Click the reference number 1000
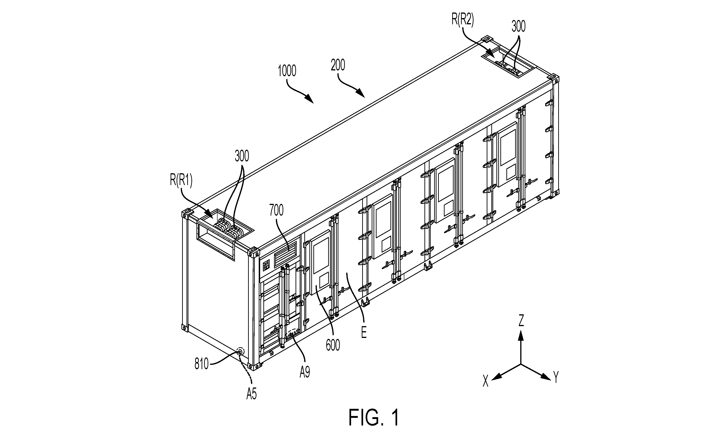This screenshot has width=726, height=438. (x=287, y=71)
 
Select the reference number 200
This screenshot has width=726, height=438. (x=338, y=65)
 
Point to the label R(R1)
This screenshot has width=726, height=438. (x=181, y=180)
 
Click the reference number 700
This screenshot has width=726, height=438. (x=276, y=210)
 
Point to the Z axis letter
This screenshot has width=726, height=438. (x=521, y=321)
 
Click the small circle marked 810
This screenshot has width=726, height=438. (x=240, y=351)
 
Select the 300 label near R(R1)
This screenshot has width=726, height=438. (x=242, y=156)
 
